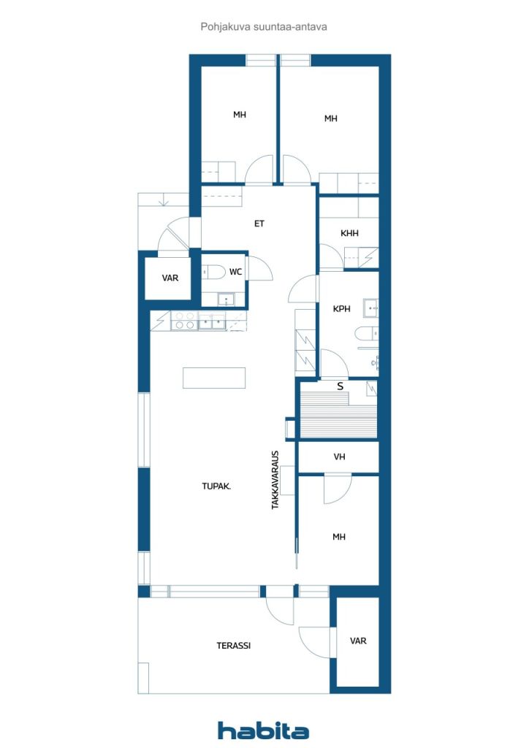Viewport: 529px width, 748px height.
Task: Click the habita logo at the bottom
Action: [263, 730]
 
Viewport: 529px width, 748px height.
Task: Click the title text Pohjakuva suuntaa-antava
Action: [264, 27]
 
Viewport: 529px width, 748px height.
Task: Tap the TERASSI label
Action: [234, 646]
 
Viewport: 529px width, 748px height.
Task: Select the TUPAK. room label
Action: [216, 486]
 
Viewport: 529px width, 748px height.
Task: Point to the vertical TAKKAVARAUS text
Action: [275, 480]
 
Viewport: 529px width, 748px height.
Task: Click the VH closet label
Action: [339, 457]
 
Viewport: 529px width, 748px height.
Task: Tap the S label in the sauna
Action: [340, 386]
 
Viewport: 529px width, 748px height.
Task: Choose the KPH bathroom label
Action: [341, 309]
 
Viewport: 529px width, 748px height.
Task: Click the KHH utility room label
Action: [350, 233]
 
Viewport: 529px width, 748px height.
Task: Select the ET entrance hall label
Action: [259, 224]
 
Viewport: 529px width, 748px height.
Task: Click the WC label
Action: [236, 272]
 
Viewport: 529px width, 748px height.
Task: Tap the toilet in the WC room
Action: [213, 272]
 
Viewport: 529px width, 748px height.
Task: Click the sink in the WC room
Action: [226, 299]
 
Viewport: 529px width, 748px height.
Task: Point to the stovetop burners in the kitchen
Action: [185, 321]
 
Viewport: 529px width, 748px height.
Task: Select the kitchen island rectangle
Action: [214, 378]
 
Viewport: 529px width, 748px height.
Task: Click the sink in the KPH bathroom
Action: [371, 308]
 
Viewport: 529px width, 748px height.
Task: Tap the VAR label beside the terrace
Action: [358, 641]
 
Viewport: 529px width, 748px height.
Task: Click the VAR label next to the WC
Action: [170, 278]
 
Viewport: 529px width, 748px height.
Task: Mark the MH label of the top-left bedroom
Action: [240, 115]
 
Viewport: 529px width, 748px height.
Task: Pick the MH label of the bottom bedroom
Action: [339, 537]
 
